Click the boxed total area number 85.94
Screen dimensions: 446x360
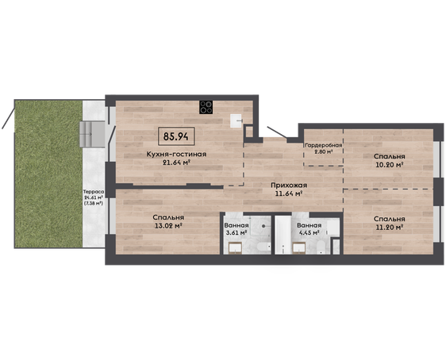coord(176,136)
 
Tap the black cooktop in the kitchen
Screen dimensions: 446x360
coord(206,107)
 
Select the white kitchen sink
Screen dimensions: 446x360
coord(236,121)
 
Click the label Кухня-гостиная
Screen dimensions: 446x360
coord(176,155)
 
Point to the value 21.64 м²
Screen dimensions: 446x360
coord(176,163)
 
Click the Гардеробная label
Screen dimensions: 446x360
coord(324,145)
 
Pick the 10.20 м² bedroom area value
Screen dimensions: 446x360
coord(390,164)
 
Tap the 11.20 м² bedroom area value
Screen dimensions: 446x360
coord(390,228)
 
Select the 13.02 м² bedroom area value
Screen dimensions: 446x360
coord(168,226)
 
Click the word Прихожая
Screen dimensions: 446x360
coord(289,186)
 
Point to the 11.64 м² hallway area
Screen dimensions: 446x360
coord(289,194)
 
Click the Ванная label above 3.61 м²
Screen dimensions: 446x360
coord(236,225)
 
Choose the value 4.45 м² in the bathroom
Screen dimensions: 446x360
coord(309,232)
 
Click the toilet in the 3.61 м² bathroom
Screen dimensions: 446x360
coord(263,247)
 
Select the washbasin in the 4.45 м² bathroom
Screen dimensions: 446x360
coord(299,247)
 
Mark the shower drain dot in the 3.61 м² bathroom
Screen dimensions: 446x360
coord(264,226)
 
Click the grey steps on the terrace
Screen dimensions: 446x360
coord(92,134)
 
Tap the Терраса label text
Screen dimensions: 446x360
coord(94,192)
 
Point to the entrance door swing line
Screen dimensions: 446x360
coord(277,132)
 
